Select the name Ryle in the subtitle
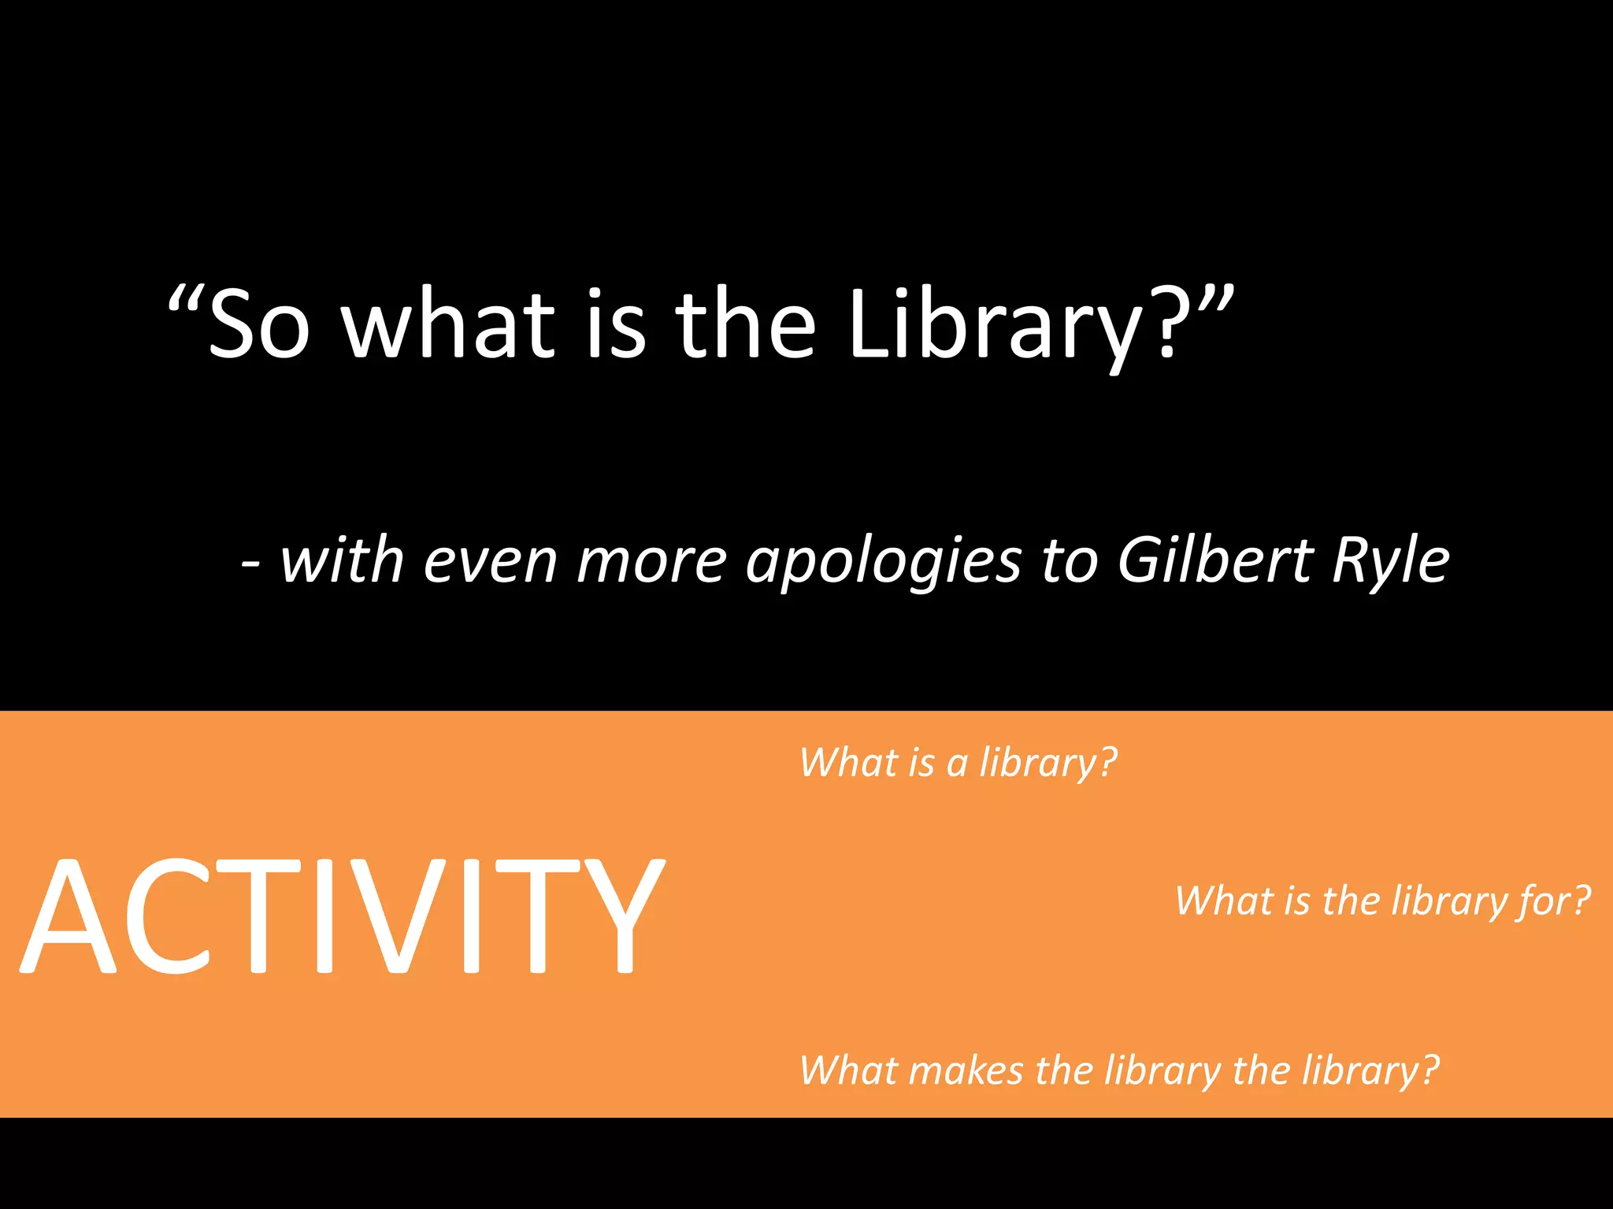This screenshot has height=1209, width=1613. [1390, 560]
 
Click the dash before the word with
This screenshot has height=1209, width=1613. [250, 564]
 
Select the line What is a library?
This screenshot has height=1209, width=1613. [958, 762]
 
